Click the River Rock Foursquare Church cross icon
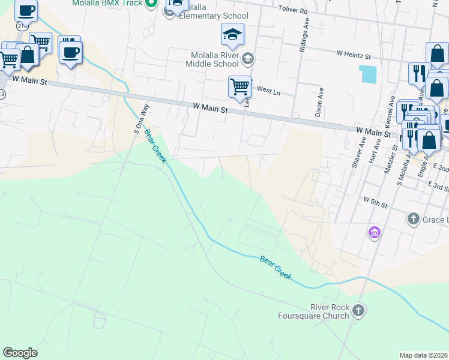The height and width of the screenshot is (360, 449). [x=358, y=310]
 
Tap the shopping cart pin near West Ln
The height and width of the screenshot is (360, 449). [x=240, y=87]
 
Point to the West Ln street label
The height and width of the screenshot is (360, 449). [x=268, y=89]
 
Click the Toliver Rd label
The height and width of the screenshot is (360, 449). [x=293, y=11]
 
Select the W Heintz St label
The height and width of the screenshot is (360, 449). [x=354, y=54]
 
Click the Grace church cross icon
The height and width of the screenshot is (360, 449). [x=413, y=219]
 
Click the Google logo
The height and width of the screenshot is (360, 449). [x=20, y=353]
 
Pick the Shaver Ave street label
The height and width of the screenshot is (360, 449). [x=362, y=149]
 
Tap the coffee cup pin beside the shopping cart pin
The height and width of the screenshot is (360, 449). [x=70, y=52]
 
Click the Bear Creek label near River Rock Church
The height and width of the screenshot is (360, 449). [x=276, y=267]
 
